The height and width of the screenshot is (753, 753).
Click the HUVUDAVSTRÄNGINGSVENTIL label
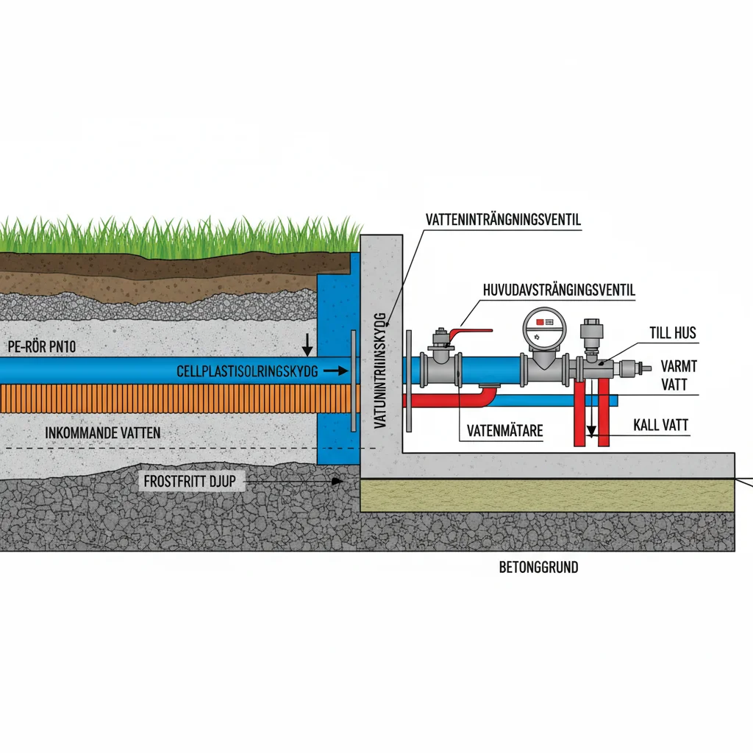pyautogui.click(x=558, y=290)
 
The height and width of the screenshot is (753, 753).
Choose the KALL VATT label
pyautogui.click(x=664, y=425)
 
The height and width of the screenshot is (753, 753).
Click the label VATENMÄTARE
pyautogui.click(x=504, y=431)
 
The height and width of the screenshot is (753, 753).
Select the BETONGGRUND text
pyautogui.click(x=538, y=567)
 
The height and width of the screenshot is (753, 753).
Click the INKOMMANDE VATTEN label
pyautogui.click(x=103, y=433)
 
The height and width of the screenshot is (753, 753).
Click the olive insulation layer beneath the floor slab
pyautogui.click(x=548, y=497)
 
